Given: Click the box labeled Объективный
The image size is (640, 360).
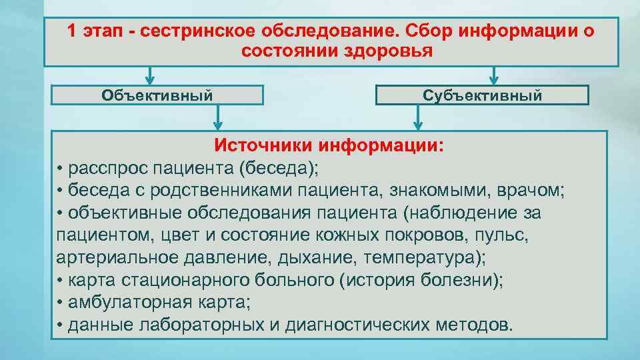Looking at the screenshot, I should (x=157, y=95).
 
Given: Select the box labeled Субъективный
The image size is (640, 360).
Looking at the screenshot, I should (x=482, y=95).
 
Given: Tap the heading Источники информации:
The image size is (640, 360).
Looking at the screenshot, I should (x=329, y=145).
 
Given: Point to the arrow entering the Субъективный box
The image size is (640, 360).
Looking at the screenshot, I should (x=493, y=75).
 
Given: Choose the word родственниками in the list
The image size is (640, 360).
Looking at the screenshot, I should (x=209, y=191).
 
